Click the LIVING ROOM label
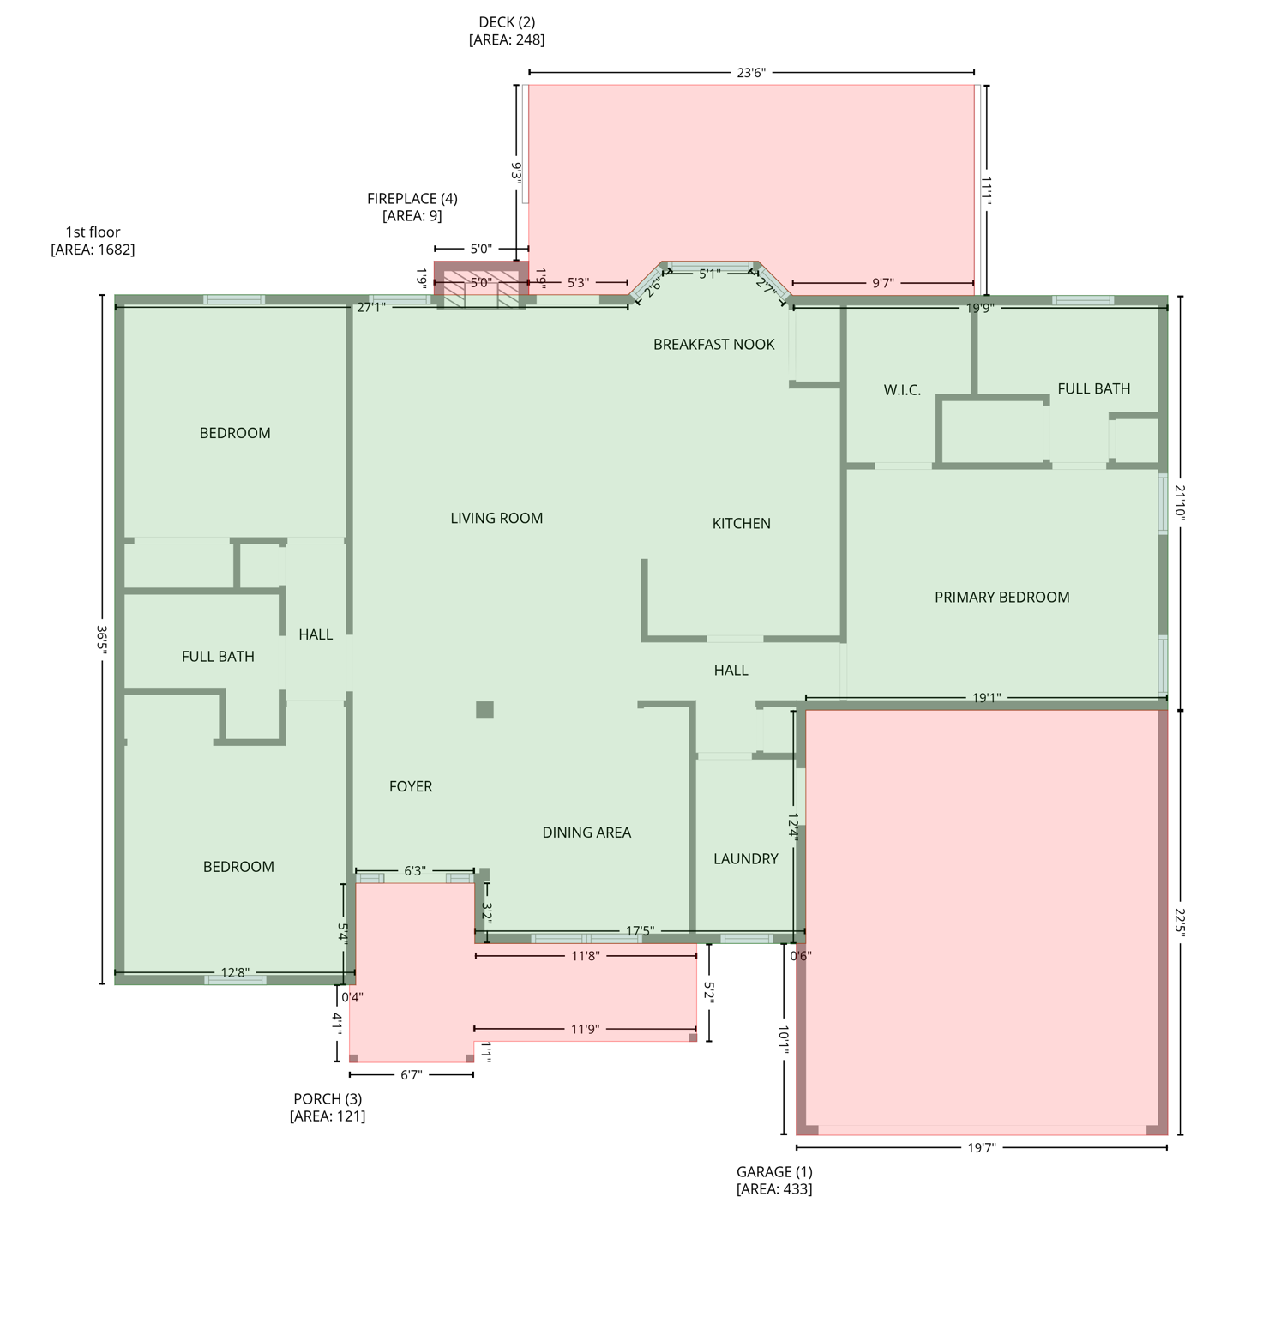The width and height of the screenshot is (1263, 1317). (x=496, y=518)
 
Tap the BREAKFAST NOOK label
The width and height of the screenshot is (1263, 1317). (x=713, y=344)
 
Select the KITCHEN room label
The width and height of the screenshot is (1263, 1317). (x=741, y=523)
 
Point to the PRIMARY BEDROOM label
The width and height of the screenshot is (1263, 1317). (x=1001, y=597)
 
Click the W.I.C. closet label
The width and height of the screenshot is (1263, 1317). (x=902, y=390)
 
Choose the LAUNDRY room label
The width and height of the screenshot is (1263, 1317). (x=745, y=858)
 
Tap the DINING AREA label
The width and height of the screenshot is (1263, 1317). (x=586, y=833)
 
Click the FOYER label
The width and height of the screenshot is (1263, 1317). (x=411, y=786)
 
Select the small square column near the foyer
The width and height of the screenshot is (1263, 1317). (x=484, y=709)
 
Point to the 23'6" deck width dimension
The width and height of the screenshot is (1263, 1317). (x=750, y=73)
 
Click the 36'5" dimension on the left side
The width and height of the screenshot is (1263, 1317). (x=102, y=640)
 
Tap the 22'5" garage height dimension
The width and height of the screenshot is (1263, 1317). (x=1180, y=923)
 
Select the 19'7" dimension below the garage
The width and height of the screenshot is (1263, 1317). (x=982, y=1147)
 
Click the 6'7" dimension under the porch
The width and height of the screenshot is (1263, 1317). (x=412, y=1074)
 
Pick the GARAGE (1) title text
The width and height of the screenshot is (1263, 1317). (x=774, y=1171)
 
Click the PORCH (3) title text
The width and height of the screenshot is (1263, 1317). (x=328, y=1098)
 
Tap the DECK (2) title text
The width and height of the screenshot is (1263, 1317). (x=507, y=22)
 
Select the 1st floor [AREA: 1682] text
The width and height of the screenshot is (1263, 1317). (x=93, y=240)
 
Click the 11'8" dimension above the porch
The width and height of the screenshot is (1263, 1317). (x=585, y=955)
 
